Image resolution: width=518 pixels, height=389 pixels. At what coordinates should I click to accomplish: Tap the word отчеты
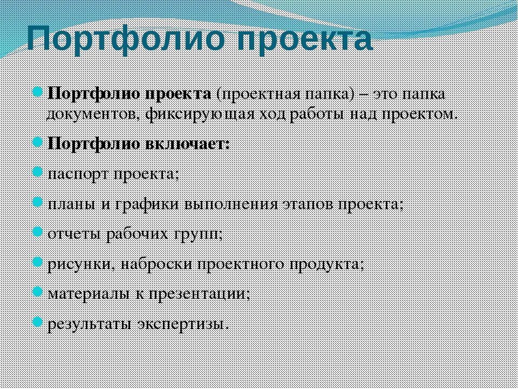click(x=76, y=234)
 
